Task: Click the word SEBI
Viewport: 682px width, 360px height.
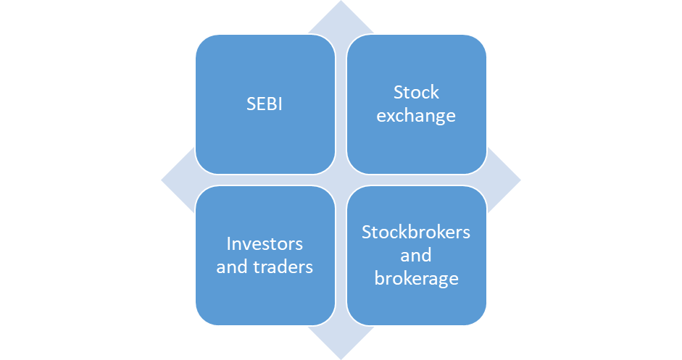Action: pos(265,104)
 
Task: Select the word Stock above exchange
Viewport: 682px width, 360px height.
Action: pos(416,92)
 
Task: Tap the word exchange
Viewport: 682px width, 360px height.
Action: pos(416,116)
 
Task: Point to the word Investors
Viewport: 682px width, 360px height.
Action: pos(265,244)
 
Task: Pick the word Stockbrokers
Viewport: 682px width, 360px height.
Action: pos(416,233)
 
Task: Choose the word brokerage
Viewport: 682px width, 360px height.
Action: pos(416,279)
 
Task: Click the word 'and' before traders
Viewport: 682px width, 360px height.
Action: pos(232,267)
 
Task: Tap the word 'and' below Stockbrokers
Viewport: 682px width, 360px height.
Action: pos(416,255)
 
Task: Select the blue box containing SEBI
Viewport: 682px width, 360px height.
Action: pos(265,104)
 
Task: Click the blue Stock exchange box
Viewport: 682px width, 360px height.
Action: pos(416,104)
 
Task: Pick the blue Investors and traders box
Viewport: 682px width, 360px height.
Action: pos(265,256)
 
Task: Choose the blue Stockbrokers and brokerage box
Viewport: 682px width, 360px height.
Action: pos(416,256)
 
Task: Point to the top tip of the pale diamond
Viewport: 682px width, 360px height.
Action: pos(341,1)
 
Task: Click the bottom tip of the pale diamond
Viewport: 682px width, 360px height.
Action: pos(341,359)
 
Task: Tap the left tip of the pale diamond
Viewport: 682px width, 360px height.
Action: pos(162,180)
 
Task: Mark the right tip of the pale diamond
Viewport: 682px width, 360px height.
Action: pos(520,180)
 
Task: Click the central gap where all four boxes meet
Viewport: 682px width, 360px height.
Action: pos(341,180)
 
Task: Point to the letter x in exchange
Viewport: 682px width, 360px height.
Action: pos(391,116)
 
